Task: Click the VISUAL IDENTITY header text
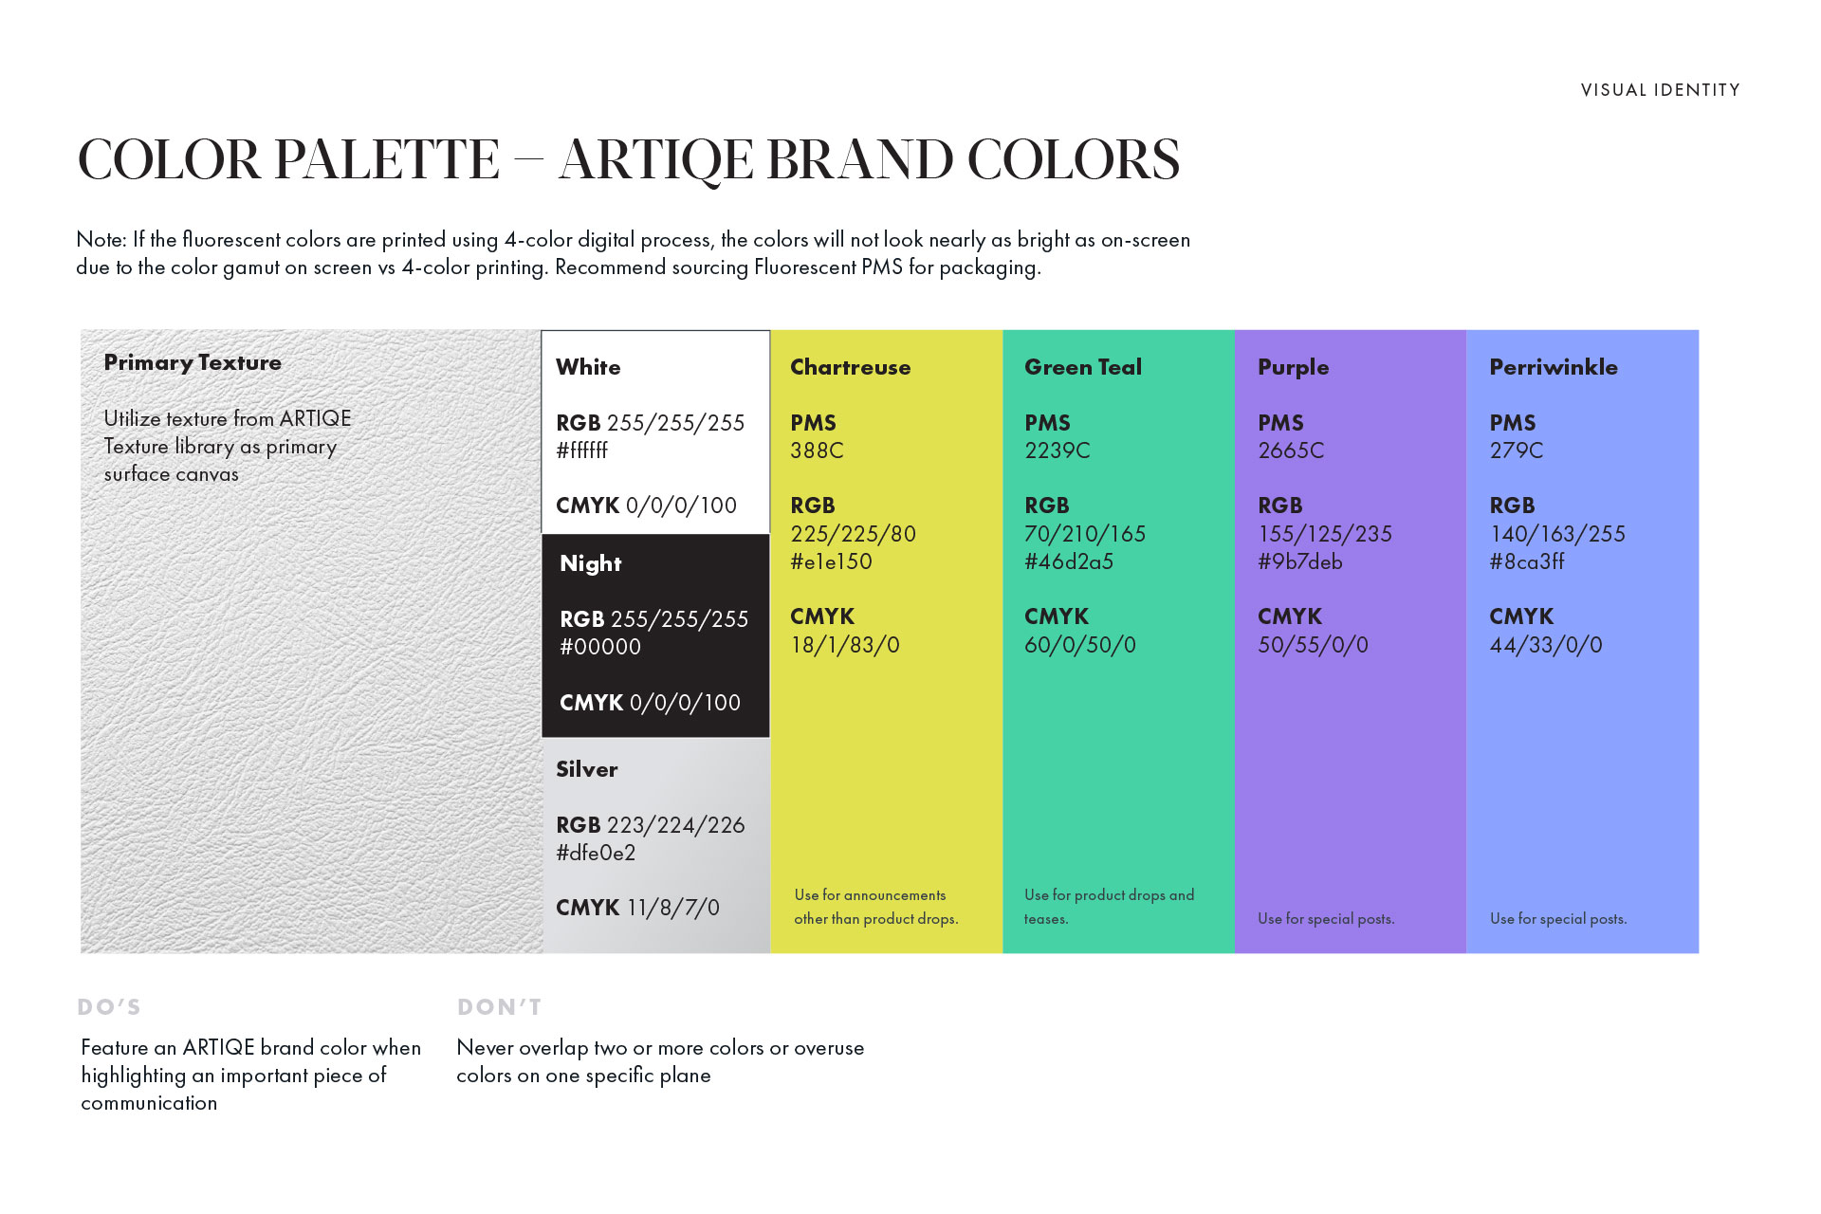tap(1660, 90)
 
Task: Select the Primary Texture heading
tap(193, 362)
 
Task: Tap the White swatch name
tap(588, 367)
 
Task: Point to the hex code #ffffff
tap(581, 451)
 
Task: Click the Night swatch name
tap(591, 563)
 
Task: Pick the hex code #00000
tap(600, 647)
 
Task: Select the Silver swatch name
tap(587, 769)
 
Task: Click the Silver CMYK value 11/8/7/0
tap(673, 908)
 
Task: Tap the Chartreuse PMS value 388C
tap(817, 451)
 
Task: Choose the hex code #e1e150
tap(831, 561)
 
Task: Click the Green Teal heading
tap(1083, 367)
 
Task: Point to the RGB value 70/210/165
tap(1085, 534)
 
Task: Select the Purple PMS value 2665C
tap(1291, 451)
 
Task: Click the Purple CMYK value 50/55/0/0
tap(1314, 645)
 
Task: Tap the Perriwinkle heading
tap(1554, 367)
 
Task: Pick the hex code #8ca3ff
tap(1527, 561)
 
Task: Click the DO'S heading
tap(109, 1007)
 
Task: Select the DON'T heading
tap(500, 1007)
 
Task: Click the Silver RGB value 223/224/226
tap(676, 825)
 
